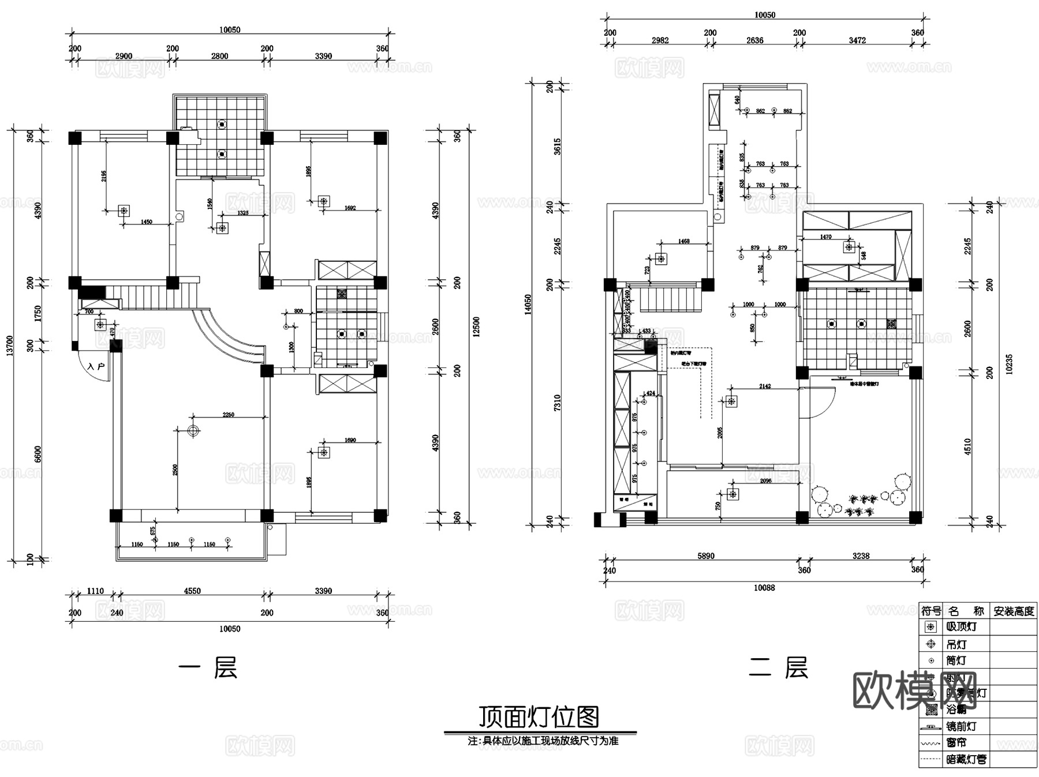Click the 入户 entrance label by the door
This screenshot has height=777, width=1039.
(x=96, y=366)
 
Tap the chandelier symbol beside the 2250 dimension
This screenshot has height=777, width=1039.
(x=193, y=430)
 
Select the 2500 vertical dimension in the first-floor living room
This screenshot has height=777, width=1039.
(x=175, y=470)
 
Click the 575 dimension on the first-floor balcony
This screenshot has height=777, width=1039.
(x=153, y=530)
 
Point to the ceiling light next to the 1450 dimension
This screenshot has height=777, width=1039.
(x=124, y=211)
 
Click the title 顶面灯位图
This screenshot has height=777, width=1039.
(x=539, y=717)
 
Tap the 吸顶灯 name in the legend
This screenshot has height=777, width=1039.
(x=962, y=626)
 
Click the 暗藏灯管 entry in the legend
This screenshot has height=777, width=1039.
(x=966, y=760)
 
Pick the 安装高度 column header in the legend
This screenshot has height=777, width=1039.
(x=1014, y=611)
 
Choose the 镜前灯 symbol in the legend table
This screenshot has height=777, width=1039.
(x=930, y=727)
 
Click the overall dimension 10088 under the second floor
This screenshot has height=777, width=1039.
(x=764, y=588)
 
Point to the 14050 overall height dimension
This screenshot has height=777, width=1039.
(x=528, y=305)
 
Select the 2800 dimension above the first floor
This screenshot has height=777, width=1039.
(x=219, y=56)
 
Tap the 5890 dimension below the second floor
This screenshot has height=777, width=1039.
(x=705, y=556)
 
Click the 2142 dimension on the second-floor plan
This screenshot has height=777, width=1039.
(x=765, y=386)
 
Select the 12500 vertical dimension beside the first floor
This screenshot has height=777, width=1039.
(x=476, y=327)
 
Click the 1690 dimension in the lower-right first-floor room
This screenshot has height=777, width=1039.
(x=350, y=440)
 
